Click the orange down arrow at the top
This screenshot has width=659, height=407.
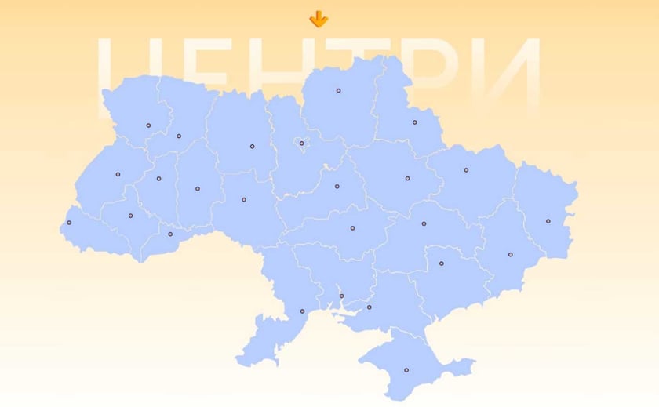click(319, 19)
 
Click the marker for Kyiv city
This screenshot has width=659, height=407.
click(302, 143)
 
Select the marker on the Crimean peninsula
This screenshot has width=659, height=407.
click(406, 370)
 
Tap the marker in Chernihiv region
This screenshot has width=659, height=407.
click(339, 91)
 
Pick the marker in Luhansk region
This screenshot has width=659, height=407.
click(548, 221)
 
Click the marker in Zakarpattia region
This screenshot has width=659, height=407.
click(69, 223)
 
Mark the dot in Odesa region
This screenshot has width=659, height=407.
click(302, 311)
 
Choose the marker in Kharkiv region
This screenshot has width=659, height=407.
click(466, 170)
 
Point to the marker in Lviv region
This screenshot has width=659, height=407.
click(118, 174)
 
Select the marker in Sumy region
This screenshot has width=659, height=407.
click(415, 122)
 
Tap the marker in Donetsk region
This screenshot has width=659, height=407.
click(511, 255)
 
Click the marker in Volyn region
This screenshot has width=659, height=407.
click(148, 125)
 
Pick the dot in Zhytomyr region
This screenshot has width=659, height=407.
click(253, 147)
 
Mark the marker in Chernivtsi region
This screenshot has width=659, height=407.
click(170, 234)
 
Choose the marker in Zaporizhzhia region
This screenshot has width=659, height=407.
click(442, 263)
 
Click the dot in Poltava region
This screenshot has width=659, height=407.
click(408, 178)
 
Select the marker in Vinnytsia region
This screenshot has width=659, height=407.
click(244, 200)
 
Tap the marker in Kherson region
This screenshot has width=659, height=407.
click(370, 307)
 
